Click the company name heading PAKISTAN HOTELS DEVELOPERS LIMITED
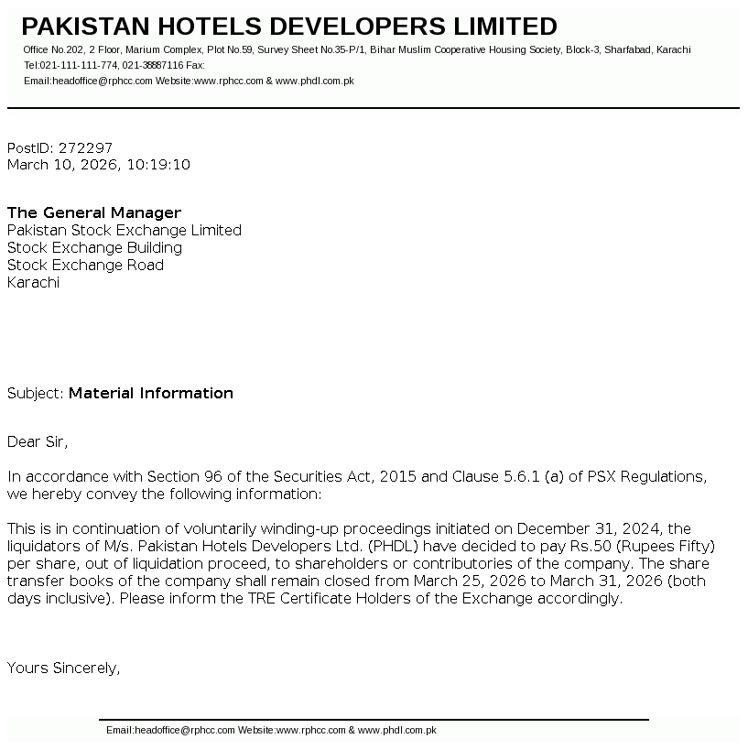tap(289, 27)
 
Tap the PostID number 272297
tap(85, 147)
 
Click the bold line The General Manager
tap(94, 213)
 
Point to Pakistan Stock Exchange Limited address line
tap(125, 231)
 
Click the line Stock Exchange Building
tap(95, 248)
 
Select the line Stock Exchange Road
tap(86, 266)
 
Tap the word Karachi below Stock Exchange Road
tap(33, 283)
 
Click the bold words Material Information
tap(151, 394)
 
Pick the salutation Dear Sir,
tap(38, 442)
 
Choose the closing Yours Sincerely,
tap(64, 668)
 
